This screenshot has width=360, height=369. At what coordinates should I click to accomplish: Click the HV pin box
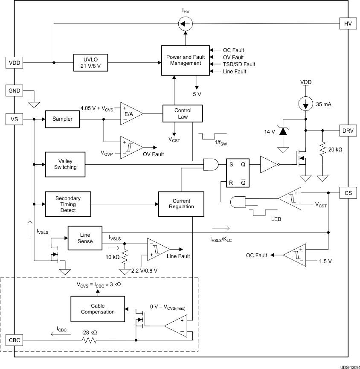tap(347, 23)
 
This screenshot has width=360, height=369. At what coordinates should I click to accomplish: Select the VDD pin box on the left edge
tap(14, 63)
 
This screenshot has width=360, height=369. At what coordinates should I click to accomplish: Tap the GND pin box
tap(14, 90)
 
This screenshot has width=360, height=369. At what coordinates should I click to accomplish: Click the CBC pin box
tap(14, 340)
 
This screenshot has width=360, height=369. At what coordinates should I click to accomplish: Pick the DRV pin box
tap(347, 130)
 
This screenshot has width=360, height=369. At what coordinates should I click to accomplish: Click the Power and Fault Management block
tap(185, 60)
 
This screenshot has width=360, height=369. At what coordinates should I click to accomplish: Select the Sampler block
tap(62, 119)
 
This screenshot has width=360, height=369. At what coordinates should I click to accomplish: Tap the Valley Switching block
tap(65, 164)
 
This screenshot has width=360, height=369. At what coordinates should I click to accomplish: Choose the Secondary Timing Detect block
tap(68, 204)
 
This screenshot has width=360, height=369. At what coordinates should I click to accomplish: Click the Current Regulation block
tap(181, 204)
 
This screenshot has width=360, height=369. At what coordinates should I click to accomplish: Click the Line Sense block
tap(85, 238)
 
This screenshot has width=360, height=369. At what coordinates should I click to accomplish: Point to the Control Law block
tap(183, 113)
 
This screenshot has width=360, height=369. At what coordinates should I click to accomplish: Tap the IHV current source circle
tap(185, 23)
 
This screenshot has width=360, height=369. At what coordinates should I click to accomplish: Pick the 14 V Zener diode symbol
tap(282, 131)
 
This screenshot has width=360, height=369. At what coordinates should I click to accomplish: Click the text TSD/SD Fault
tap(239, 64)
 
